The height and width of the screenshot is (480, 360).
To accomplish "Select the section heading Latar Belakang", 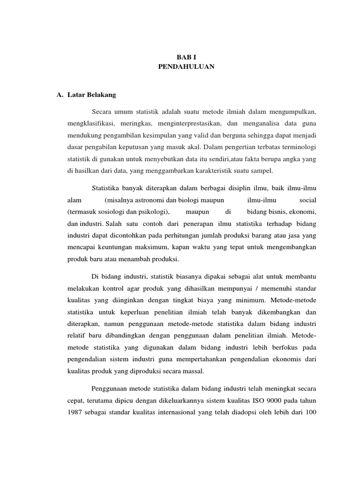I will point(91,95).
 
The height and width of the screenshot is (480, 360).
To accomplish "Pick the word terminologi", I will point(293,147).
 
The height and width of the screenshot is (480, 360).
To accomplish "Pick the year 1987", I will point(75,413).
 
